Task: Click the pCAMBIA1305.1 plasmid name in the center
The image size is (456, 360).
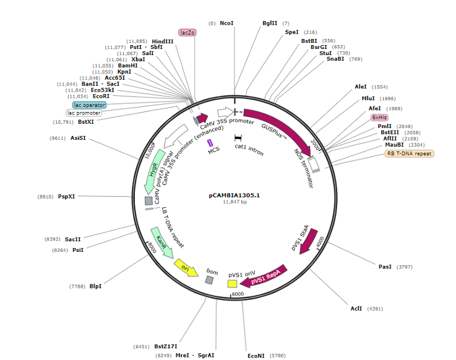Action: point(234,195)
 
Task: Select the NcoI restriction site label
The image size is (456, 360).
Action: point(227,23)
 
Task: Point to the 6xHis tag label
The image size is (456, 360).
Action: point(379,117)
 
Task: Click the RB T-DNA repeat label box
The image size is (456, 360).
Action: point(410,153)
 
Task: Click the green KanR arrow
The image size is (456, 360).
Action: point(161,242)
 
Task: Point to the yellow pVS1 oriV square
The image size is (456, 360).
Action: point(233,283)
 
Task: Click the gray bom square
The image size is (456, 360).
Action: point(210,280)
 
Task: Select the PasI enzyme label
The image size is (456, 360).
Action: point(385,267)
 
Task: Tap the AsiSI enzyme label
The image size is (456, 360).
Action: point(78,138)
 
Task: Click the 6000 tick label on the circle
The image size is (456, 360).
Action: point(239,294)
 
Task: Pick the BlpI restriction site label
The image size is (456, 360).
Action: point(95,286)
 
